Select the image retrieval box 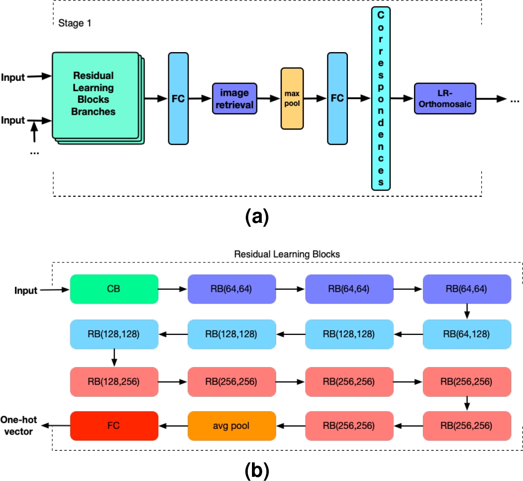(x=235, y=99)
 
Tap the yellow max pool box (x=292, y=98)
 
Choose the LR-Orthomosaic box (x=444, y=99)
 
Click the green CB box (x=114, y=289)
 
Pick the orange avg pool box (x=231, y=425)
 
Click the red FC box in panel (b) (x=114, y=425)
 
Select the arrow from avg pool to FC (x=173, y=425)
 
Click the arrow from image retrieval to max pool (x=269, y=99)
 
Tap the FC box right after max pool (x=337, y=98)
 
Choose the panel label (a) (x=256, y=217)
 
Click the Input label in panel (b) (x=25, y=291)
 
